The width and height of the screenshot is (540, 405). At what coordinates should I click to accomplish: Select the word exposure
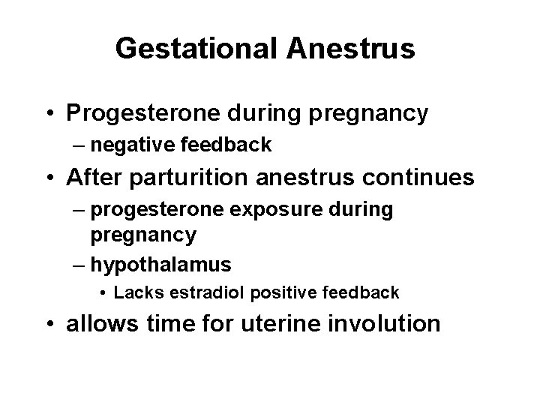[268, 210]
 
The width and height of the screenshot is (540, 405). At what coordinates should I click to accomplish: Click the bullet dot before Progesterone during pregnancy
[49, 115]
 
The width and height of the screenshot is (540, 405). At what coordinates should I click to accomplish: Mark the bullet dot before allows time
[49, 325]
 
